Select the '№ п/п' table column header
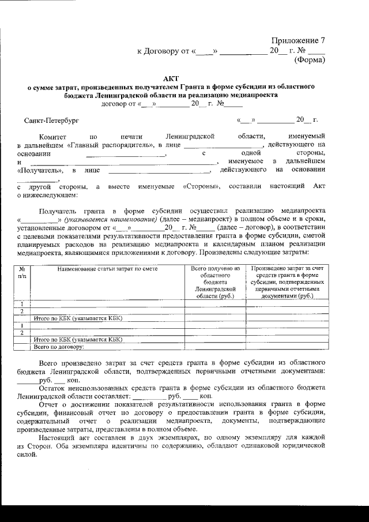coord(22,272)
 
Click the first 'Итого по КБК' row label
coord(78,318)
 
